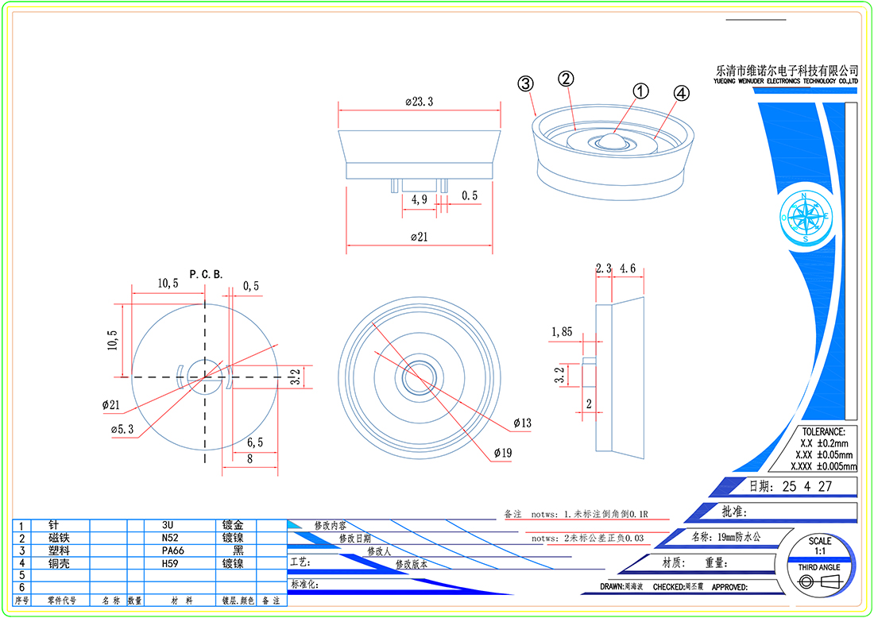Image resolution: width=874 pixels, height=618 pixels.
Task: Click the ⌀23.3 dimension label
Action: coord(420,102)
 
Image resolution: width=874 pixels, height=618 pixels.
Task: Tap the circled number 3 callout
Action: coord(525,83)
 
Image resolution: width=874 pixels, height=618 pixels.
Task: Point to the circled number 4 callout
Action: coord(681,93)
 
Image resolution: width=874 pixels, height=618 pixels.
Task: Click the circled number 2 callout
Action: coord(566,79)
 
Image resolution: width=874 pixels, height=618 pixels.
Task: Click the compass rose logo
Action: coord(806,216)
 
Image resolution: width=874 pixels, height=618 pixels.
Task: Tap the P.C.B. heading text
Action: coord(206,274)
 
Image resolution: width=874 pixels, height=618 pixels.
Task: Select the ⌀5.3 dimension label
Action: coord(122,430)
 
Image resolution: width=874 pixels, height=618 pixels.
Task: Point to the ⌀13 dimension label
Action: coord(522,423)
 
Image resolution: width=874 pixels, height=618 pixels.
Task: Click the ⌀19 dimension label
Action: coord(501,453)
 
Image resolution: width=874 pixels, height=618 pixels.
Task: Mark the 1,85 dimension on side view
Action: coord(562,331)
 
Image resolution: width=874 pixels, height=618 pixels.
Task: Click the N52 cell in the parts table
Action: coord(167,538)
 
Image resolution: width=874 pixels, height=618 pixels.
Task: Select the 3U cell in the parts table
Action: coord(167,525)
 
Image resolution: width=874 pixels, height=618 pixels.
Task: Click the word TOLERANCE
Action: coord(822,431)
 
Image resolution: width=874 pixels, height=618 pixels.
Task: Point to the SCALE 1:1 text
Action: coord(820,546)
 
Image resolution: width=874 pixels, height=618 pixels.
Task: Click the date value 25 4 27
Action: coord(806,486)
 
